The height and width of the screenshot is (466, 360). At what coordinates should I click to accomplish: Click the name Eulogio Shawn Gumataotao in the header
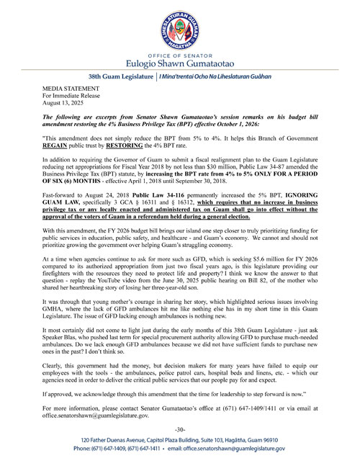(x=180, y=62)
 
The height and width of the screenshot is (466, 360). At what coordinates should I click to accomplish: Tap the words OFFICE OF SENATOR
(x=180, y=52)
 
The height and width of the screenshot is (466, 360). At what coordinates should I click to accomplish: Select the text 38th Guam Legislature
(x=120, y=76)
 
